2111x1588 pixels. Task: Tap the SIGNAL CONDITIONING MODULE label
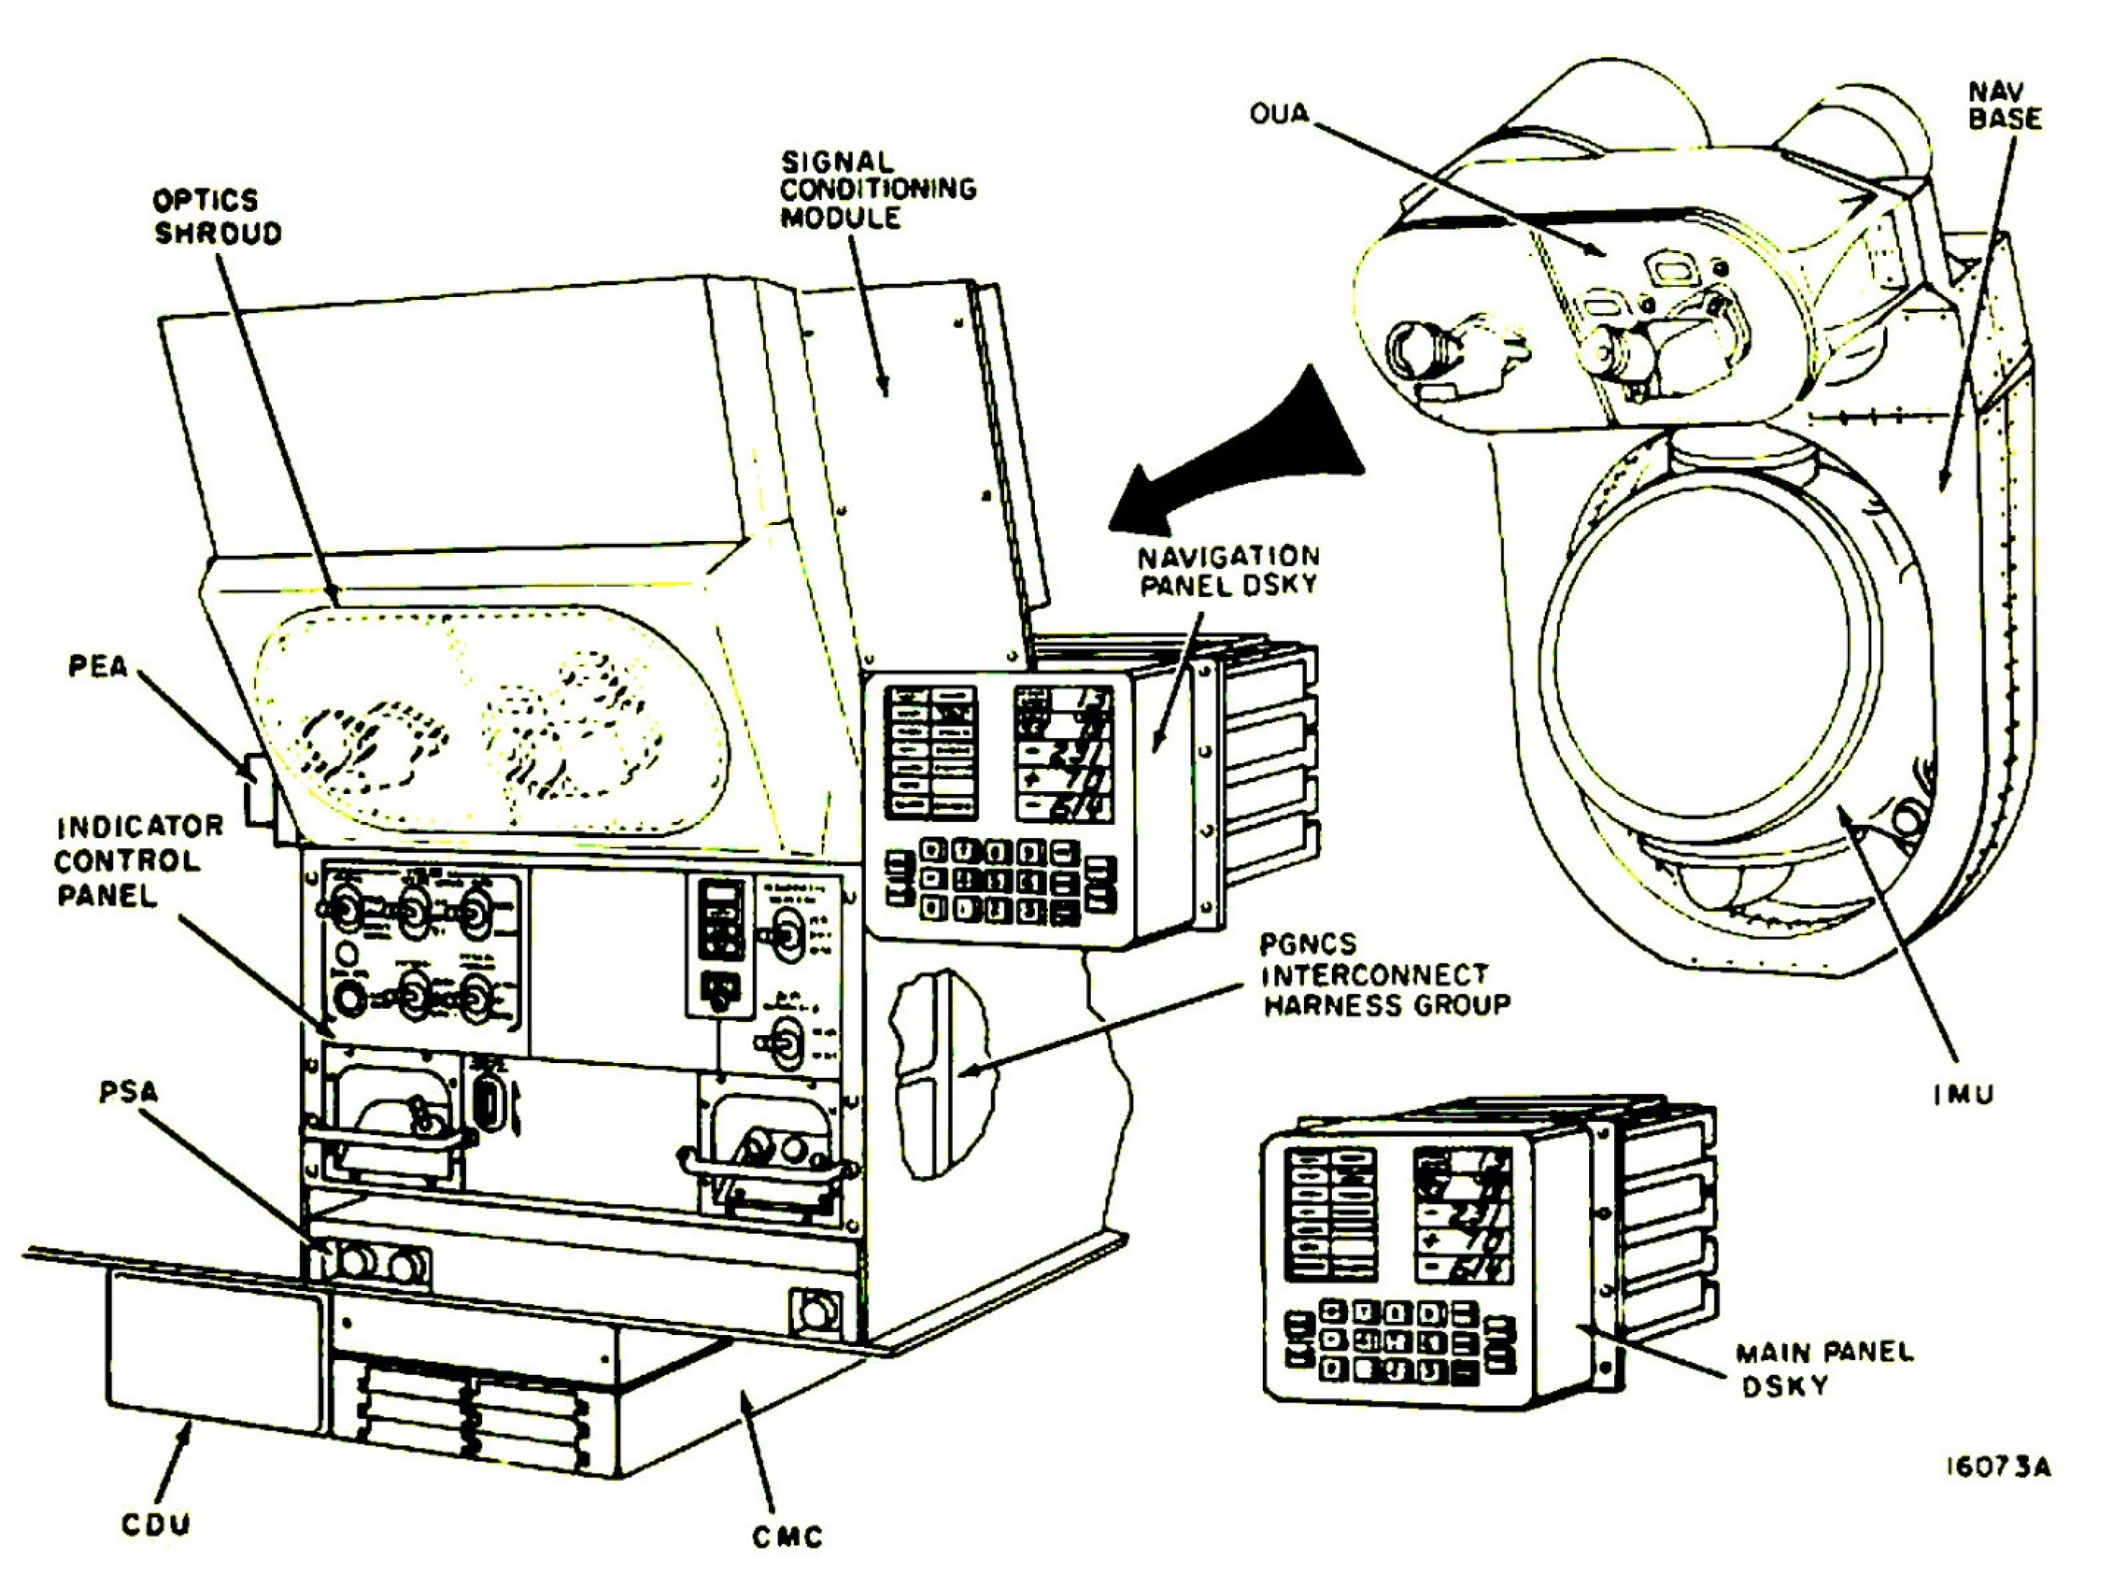coord(877,190)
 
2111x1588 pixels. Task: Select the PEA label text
coord(98,666)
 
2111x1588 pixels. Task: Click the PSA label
coord(128,1092)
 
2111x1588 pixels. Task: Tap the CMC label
coord(786,1537)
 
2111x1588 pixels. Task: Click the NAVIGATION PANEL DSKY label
coord(1229,570)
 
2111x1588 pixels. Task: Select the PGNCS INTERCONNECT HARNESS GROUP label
coord(1385,974)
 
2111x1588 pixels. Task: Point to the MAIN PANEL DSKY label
coord(1824,1369)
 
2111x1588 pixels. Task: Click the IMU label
coord(1964,1095)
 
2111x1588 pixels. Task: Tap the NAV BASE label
coord(2005,106)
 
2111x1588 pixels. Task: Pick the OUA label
coord(1279,114)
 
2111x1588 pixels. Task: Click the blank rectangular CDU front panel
coord(212,1348)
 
